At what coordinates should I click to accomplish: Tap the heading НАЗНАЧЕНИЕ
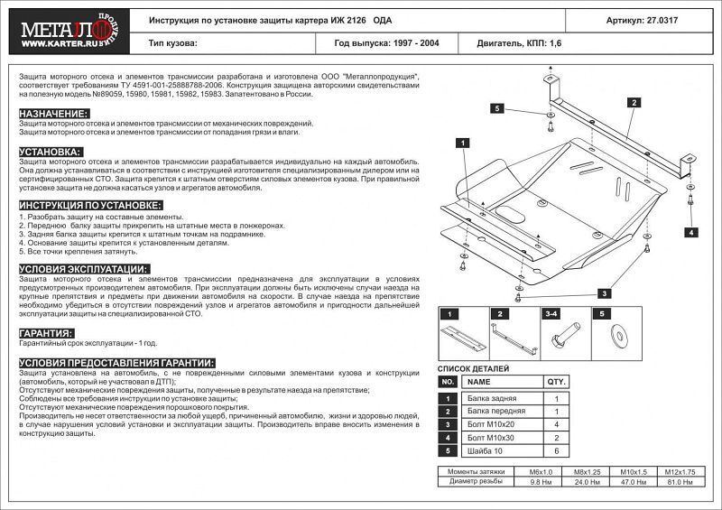[53, 113]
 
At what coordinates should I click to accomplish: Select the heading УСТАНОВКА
[51, 151]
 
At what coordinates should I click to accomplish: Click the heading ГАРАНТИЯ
[46, 333]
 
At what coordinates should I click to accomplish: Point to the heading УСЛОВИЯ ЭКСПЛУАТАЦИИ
[79, 269]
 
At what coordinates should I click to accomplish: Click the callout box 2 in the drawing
[634, 104]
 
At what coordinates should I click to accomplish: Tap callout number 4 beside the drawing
[690, 232]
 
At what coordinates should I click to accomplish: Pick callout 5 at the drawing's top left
[496, 108]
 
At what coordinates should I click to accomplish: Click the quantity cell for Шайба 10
[557, 450]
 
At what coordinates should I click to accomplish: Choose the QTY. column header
[557, 382]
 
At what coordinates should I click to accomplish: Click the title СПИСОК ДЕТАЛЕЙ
[473, 368]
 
